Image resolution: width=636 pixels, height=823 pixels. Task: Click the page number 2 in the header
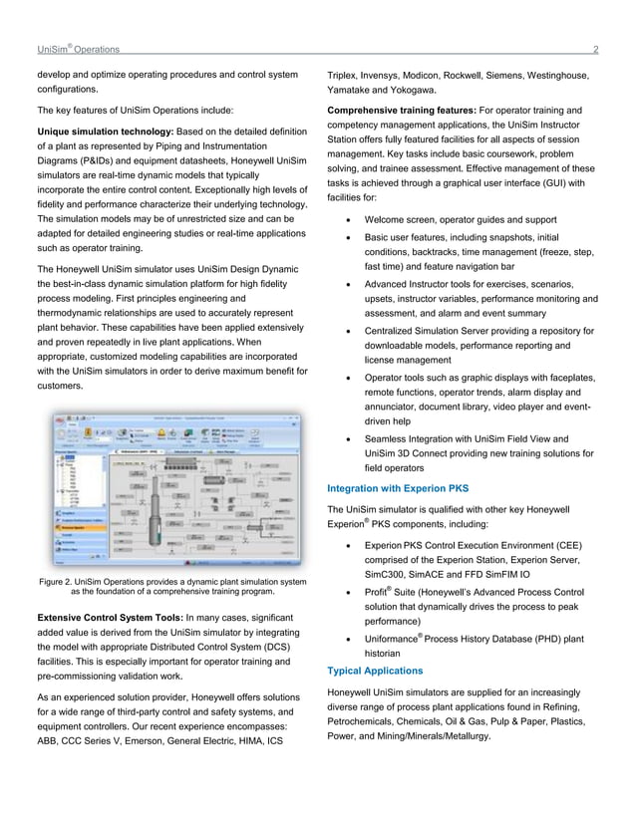595,49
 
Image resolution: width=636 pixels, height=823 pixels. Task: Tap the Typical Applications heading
375,670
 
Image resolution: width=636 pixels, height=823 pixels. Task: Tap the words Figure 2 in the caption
59,581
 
